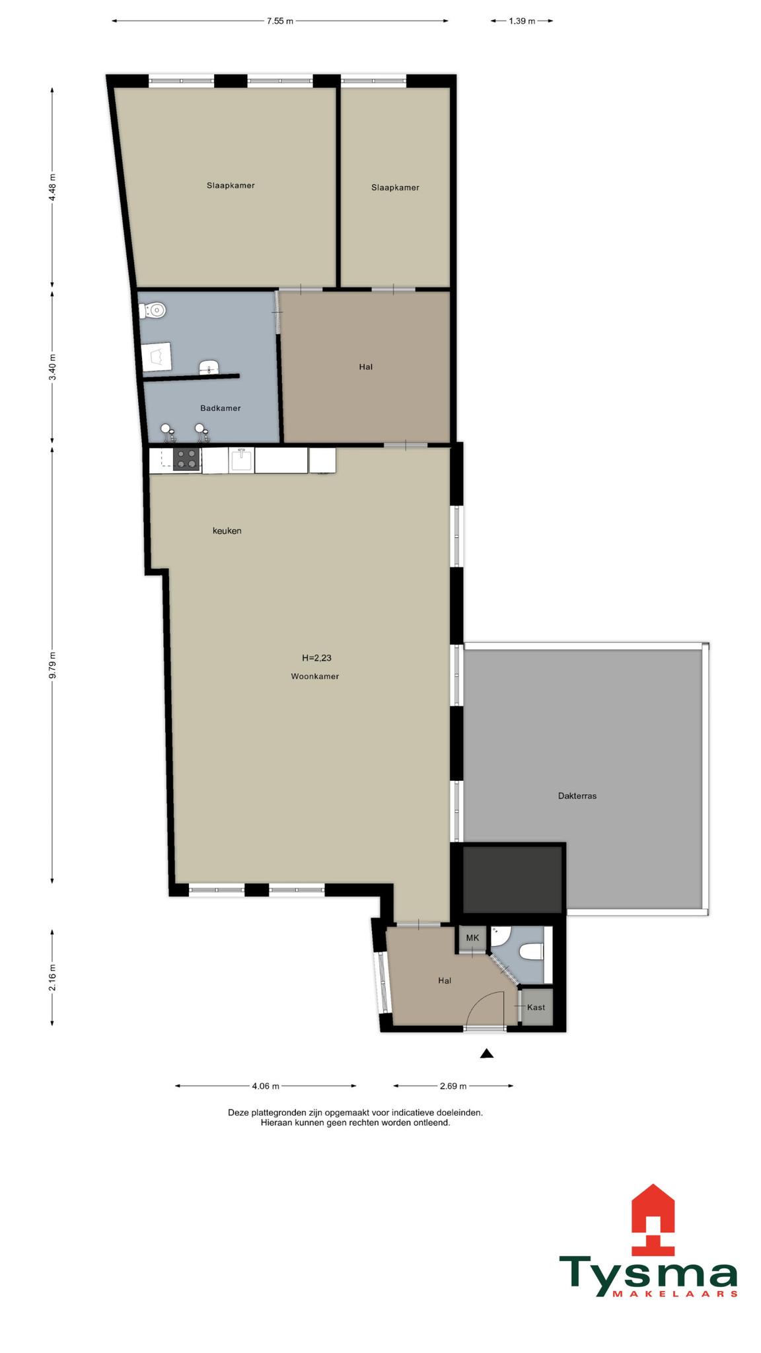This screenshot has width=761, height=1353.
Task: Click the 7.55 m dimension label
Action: click(x=280, y=21)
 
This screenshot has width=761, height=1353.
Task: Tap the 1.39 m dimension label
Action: click(x=521, y=21)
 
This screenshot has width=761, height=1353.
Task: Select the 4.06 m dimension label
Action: click(x=266, y=1085)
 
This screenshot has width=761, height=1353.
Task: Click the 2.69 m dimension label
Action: click(x=453, y=1085)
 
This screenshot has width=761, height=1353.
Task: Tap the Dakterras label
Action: click(x=577, y=796)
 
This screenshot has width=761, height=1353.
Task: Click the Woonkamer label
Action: click(x=315, y=676)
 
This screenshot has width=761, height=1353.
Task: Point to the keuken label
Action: click(x=227, y=530)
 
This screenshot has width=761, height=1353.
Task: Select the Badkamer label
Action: click(x=221, y=408)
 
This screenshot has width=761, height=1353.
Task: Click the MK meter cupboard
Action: click(x=472, y=938)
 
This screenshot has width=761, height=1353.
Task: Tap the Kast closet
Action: click(x=536, y=1007)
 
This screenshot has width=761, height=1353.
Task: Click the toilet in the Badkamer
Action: click(x=153, y=309)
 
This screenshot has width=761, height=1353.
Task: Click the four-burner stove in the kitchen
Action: click(x=187, y=458)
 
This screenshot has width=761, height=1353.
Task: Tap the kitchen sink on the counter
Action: click(x=242, y=460)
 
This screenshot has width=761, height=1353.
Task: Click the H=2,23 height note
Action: click(x=316, y=658)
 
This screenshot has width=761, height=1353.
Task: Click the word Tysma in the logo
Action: click(x=648, y=1278)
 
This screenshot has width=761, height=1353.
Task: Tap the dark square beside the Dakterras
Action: click(x=513, y=879)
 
